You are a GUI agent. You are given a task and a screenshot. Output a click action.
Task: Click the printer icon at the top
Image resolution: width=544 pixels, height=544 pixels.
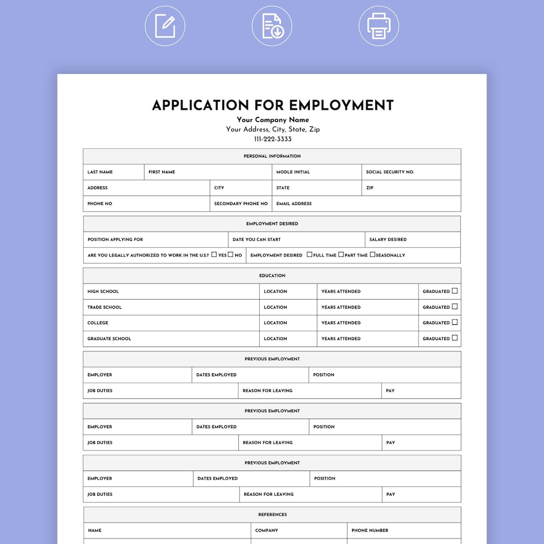(x=379, y=26)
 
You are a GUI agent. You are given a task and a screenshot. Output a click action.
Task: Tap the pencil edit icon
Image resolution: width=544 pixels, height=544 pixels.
(x=165, y=26)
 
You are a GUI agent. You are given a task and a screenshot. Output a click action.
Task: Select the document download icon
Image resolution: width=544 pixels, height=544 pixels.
(x=272, y=26)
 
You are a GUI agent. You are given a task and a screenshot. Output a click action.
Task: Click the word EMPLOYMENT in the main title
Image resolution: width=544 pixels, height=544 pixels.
(x=341, y=105)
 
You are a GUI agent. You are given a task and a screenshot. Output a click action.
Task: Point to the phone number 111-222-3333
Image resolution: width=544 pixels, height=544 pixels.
(x=273, y=139)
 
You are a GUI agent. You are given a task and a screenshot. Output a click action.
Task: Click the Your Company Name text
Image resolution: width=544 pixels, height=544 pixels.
(x=273, y=120)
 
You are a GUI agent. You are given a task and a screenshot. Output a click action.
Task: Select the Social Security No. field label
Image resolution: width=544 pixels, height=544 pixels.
(x=390, y=172)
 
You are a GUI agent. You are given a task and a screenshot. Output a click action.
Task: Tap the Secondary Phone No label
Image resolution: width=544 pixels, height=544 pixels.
(x=241, y=204)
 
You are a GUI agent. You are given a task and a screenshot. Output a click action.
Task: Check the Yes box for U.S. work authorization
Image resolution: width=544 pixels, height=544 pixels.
(x=214, y=254)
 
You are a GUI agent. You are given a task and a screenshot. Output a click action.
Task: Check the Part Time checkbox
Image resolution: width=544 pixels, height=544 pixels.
(x=341, y=254)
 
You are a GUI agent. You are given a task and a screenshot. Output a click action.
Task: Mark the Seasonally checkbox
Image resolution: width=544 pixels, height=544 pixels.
(x=373, y=254)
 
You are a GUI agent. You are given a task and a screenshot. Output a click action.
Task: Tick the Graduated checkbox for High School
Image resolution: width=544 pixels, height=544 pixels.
(x=455, y=291)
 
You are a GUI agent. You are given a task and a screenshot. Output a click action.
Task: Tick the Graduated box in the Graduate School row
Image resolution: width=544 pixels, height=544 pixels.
(x=455, y=338)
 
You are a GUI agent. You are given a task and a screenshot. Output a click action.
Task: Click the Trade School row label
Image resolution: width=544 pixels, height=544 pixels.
(x=104, y=307)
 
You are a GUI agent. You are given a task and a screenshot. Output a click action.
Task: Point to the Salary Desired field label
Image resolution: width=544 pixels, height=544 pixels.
(x=387, y=240)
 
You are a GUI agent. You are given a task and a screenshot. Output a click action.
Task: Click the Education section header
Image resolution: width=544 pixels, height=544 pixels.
(x=272, y=276)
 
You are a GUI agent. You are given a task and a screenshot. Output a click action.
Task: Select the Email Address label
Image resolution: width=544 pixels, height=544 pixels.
(x=294, y=204)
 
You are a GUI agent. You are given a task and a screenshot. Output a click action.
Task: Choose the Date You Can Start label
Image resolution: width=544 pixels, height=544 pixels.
(x=256, y=240)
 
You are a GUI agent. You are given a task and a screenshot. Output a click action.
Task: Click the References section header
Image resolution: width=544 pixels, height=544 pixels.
(x=272, y=515)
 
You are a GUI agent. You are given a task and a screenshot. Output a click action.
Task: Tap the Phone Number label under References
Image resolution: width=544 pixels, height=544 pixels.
(x=370, y=530)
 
